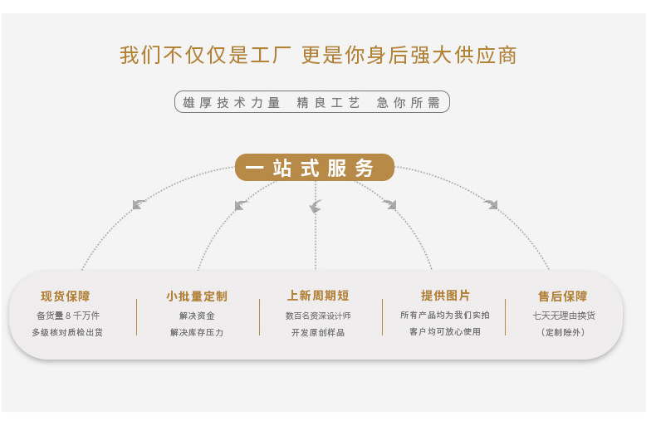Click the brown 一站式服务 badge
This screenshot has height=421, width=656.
coord(315,168)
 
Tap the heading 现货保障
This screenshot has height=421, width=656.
coord(66,296)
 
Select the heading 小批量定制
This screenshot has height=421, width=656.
coord(197,296)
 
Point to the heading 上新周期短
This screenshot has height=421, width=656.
coord(318,296)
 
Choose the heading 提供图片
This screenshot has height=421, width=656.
coord(445,296)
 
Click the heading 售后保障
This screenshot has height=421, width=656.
coord(563,296)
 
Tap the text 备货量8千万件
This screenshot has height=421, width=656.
coord(68,316)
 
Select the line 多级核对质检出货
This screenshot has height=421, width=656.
coord(68,332)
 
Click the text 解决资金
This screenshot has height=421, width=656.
coord(197,316)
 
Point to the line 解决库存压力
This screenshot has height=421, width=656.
coord(197,332)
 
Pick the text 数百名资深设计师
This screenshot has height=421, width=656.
coord(318,316)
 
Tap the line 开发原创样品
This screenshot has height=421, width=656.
coord(318,332)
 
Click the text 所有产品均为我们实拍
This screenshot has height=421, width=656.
coord(445,315)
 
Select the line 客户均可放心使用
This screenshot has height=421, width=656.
coord(445,331)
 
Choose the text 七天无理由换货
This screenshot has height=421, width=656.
coord(564,316)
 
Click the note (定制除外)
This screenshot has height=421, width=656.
coord(564,332)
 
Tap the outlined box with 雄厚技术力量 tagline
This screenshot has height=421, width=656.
coord(311,102)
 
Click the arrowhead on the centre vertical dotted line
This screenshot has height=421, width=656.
coord(316,206)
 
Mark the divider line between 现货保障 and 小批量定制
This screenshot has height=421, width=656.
coord(137,316)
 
